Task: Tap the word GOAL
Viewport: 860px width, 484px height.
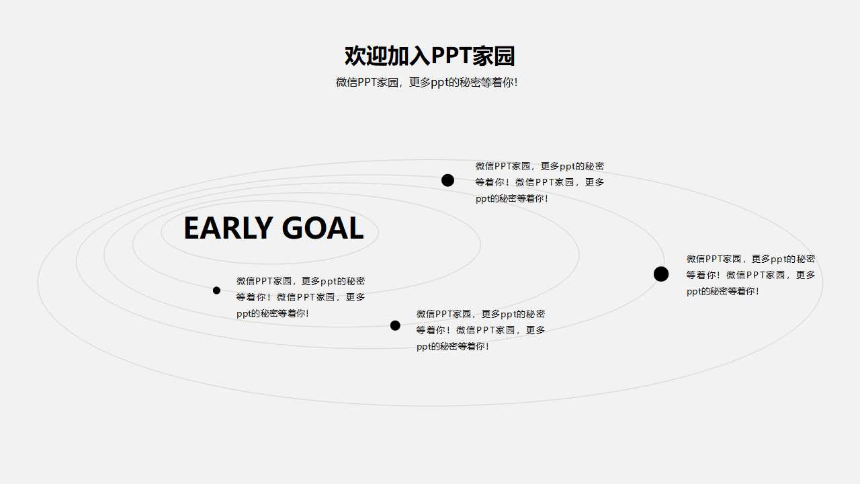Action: point(322,229)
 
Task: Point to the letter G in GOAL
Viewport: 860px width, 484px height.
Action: point(293,229)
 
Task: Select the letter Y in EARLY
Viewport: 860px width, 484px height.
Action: point(263,229)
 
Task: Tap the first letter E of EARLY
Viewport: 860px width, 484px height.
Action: point(192,229)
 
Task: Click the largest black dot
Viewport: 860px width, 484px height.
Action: point(661,274)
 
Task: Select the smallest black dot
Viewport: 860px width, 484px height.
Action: point(216,290)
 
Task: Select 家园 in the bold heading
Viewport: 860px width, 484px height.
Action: point(494,56)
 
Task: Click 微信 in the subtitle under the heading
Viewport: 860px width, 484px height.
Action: point(347,83)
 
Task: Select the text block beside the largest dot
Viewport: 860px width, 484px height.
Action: point(750,275)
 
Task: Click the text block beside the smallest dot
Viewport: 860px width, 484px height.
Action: point(301,297)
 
